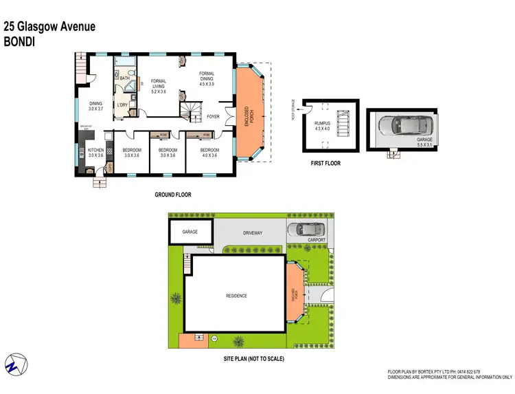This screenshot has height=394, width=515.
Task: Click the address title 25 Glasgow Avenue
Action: pyautogui.click(x=49, y=27)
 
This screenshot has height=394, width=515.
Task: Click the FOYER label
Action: pyautogui.click(x=214, y=117)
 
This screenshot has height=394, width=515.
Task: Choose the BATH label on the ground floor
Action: pyautogui.click(x=124, y=78)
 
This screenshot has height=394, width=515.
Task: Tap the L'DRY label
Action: pyautogui.click(x=122, y=105)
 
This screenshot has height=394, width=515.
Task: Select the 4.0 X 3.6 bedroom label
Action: pyautogui.click(x=209, y=153)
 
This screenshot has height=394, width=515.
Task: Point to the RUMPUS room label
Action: pyautogui.click(x=323, y=124)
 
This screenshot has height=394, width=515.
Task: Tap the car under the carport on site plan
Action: pyautogui.click(x=302, y=230)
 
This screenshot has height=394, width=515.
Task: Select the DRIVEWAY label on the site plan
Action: pyautogui.click(x=253, y=233)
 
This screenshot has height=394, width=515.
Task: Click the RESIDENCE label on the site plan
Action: pyautogui.click(x=236, y=296)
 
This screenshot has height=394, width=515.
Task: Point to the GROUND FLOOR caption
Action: pyautogui.click(x=172, y=195)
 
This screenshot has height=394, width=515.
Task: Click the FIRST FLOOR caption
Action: pyautogui.click(x=325, y=163)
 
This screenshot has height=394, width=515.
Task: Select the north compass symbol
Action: pyautogui.click(x=15, y=365)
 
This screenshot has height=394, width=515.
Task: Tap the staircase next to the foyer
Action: pyautogui.click(x=190, y=110)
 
